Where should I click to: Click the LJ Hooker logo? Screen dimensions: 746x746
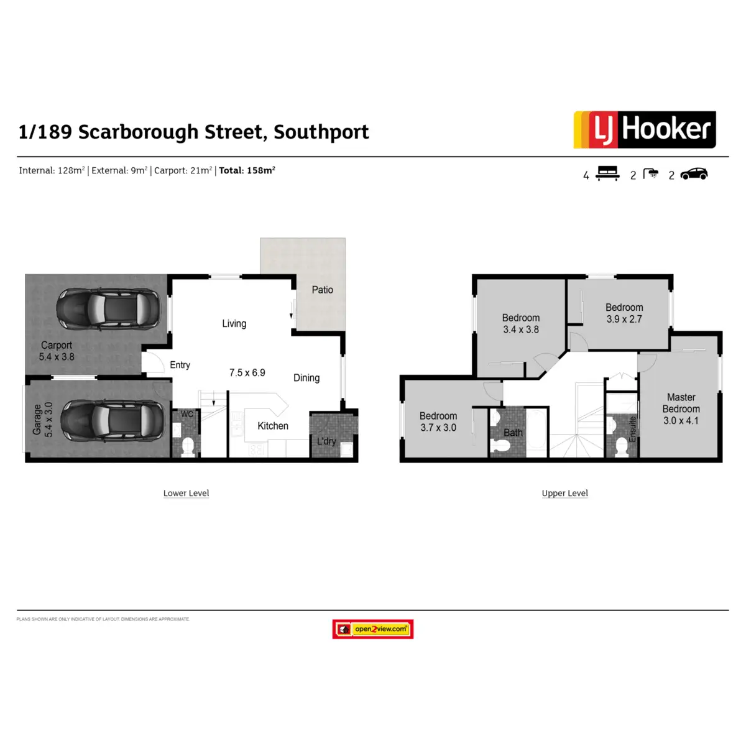[x=645, y=129]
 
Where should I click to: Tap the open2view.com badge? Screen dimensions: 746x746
[x=373, y=629]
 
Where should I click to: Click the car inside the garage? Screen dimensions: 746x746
[x=113, y=421]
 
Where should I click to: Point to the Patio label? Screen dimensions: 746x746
[x=322, y=290]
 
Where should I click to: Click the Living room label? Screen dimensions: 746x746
[x=234, y=323]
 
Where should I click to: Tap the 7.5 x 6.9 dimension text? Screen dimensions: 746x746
[x=247, y=372]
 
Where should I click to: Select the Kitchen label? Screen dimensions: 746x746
[x=273, y=426]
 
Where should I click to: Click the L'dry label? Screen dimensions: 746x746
[x=326, y=441]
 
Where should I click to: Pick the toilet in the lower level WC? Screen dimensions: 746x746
[x=188, y=445]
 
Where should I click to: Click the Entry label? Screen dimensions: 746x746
[x=180, y=365]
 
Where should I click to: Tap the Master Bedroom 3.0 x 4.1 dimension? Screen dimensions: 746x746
[x=681, y=420]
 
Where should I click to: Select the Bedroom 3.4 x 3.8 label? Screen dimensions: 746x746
[x=521, y=323]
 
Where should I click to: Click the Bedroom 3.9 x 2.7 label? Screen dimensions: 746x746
[x=624, y=313]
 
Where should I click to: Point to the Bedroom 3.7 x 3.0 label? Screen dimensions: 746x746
[x=438, y=421]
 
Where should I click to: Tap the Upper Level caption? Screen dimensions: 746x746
[x=564, y=493]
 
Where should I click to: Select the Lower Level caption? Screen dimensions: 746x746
[x=186, y=493]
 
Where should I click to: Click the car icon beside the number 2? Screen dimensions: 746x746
[x=694, y=174]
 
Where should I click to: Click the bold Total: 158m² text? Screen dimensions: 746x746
[x=247, y=170]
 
